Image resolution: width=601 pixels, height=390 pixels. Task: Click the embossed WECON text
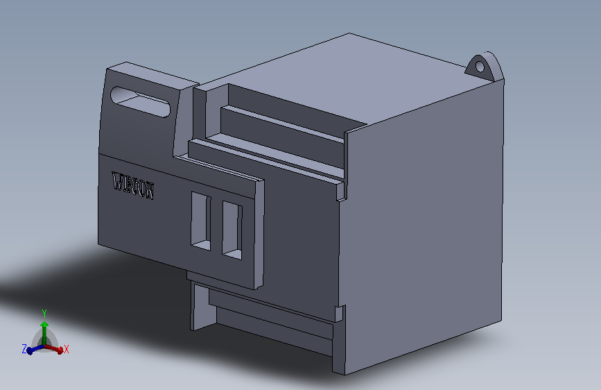point(133,186)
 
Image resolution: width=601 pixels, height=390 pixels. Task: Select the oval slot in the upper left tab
point(140,101)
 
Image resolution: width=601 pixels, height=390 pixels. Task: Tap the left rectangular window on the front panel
point(201,221)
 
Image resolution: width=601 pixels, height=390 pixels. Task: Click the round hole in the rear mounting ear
point(478,67)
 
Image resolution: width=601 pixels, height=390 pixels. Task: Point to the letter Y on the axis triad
point(44,313)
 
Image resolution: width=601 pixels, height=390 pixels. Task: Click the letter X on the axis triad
point(67,350)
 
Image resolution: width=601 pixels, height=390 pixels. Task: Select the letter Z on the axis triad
point(24,349)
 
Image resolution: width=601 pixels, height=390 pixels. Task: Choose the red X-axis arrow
point(57,349)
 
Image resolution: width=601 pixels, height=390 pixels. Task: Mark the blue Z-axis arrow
point(32,350)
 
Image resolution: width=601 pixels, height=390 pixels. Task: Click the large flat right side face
point(426,222)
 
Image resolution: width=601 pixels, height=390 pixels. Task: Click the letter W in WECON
point(117,182)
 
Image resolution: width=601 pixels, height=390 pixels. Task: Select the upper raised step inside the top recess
point(284,125)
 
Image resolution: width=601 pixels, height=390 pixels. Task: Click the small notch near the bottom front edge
point(340,313)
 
